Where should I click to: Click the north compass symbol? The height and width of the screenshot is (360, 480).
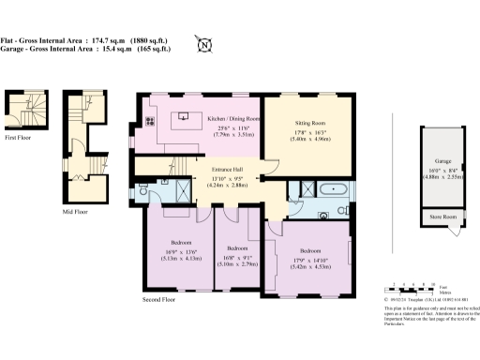point(203,43)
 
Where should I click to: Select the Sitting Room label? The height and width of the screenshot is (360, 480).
point(310,123)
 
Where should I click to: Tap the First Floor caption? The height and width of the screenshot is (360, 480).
point(18,137)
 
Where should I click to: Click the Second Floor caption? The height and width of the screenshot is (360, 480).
point(160,300)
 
